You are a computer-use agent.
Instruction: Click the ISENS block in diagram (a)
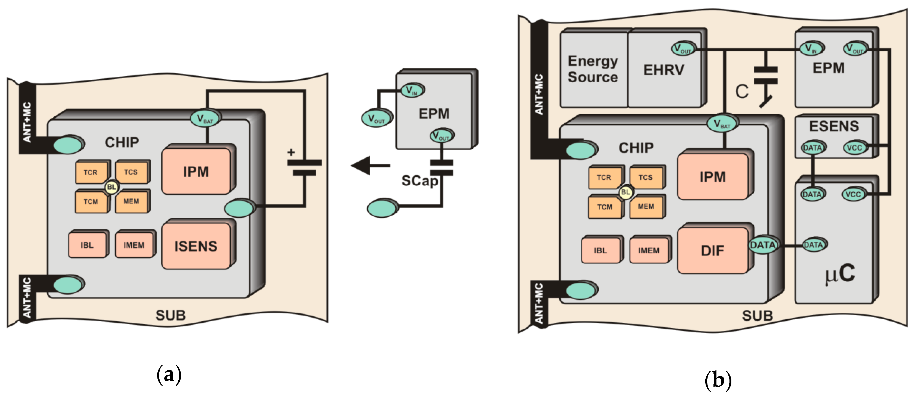tap(196, 246)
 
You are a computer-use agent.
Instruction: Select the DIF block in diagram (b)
tap(712, 251)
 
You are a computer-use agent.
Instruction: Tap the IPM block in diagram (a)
tap(196, 172)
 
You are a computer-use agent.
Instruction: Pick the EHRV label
tap(664, 70)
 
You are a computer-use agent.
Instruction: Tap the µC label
tap(840, 274)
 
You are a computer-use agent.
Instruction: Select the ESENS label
tap(834, 126)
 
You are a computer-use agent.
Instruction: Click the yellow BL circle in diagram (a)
tap(112, 187)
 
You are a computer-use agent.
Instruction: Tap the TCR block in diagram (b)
tap(604, 177)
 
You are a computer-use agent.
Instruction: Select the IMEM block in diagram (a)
tap(134, 245)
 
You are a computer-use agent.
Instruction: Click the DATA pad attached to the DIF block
tap(763, 245)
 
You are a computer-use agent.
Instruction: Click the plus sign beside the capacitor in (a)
tap(291, 152)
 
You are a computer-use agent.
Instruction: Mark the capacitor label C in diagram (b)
tap(741, 92)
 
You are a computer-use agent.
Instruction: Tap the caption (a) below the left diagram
tap(169, 375)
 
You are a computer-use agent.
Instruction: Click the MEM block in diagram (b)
tap(646, 207)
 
